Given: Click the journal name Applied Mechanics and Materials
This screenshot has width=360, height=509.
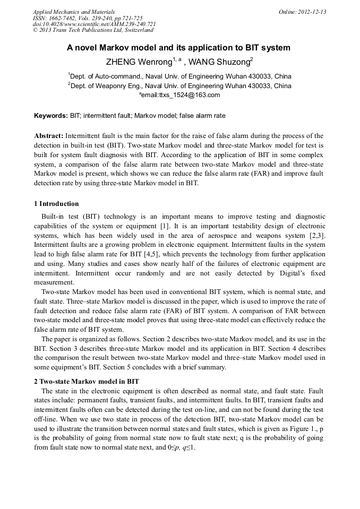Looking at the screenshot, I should (x=73, y=12).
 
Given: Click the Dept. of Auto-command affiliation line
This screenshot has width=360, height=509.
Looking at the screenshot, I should (x=179, y=76).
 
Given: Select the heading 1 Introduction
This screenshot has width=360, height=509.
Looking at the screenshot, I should (x=56, y=204).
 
